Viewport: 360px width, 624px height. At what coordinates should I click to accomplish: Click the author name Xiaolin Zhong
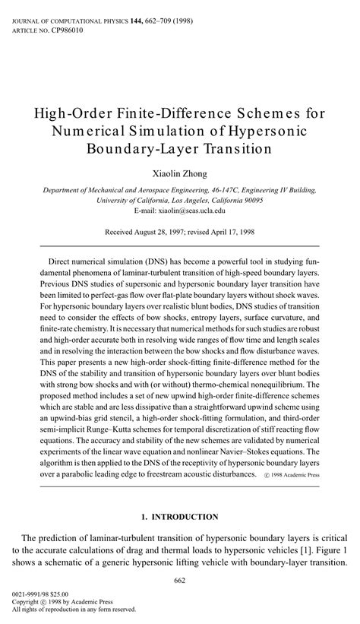[180, 174]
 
